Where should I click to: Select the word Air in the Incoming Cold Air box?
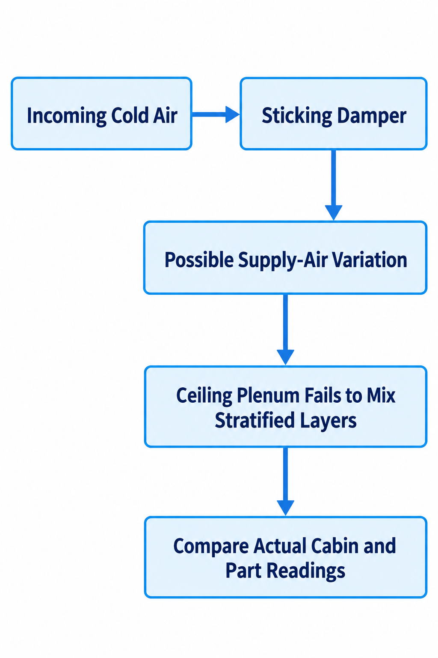166,115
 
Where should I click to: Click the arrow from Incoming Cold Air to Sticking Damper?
216,114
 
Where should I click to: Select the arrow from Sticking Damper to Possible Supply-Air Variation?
334,185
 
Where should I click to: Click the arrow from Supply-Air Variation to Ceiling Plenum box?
285,329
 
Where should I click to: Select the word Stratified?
255,420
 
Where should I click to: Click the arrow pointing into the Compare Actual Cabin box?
285,482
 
